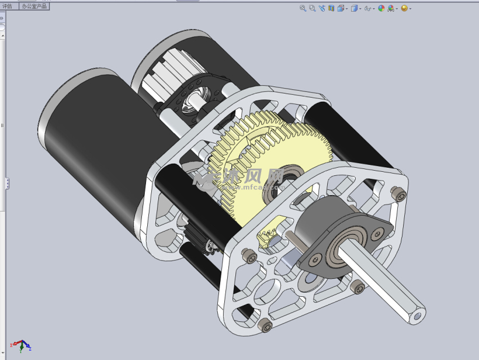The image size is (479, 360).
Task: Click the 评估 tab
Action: [7, 6]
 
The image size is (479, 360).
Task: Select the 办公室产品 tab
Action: [34, 6]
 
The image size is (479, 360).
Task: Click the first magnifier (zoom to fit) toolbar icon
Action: [303, 8]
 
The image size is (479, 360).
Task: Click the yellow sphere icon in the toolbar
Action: [404, 8]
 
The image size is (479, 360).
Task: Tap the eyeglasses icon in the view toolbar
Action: [367, 8]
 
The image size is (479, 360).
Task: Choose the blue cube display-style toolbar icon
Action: [355, 8]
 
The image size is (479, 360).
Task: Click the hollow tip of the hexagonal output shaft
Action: [417, 316]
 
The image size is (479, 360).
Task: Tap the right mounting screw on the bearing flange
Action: [374, 234]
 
